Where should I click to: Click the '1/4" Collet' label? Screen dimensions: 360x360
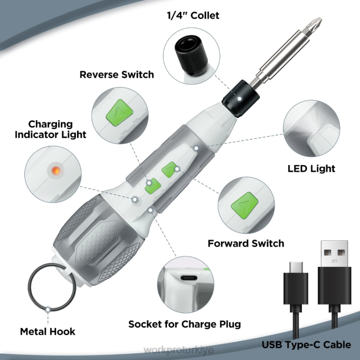pyautogui.click(x=193, y=16)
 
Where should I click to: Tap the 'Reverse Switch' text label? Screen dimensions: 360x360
pyautogui.click(x=116, y=74)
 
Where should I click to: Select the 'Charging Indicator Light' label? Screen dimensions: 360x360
pyautogui.click(x=58, y=129)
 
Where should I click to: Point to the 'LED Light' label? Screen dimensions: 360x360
pyautogui.click(x=311, y=168)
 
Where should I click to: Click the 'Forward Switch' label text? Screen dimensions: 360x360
pyautogui.click(x=246, y=243)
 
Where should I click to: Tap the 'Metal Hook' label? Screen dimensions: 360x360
pyautogui.click(x=48, y=332)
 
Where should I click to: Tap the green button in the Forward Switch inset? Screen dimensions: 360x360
pyautogui.click(x=244, y=201)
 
